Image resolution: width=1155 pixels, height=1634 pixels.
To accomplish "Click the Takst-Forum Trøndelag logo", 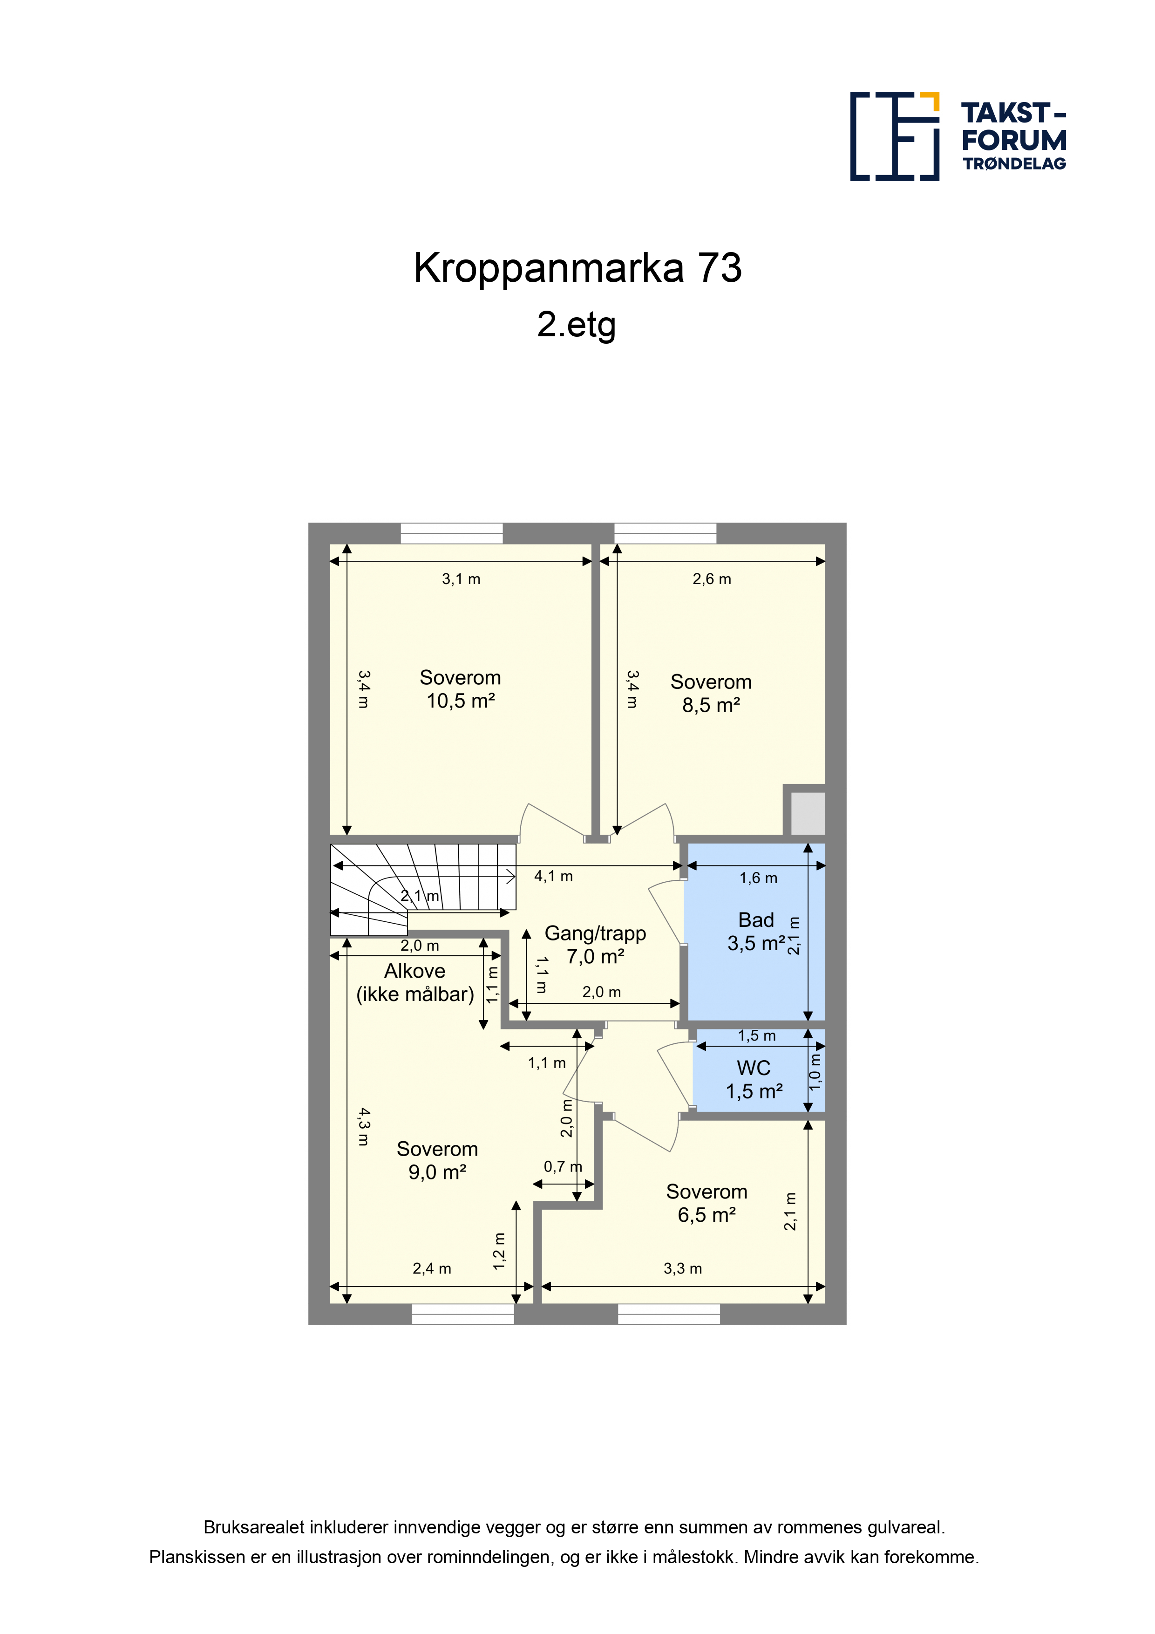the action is point(958,136).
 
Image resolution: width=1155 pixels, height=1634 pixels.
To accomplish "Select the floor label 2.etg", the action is point(577,325).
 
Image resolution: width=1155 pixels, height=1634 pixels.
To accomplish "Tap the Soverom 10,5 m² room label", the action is point(461,689).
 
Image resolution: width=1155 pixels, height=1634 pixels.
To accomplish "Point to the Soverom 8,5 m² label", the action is point(711,693).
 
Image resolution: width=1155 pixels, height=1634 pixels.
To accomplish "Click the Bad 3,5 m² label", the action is point(756,932).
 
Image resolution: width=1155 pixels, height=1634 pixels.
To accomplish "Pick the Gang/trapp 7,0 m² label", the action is point(596,944).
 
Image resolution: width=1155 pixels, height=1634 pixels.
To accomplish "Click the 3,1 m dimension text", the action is point(461,579).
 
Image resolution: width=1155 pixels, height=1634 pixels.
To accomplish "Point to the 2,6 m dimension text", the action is point(712,579).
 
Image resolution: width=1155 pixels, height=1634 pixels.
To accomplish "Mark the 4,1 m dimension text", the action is point(554,876).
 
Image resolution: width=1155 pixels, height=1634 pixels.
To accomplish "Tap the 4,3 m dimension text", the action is point(364,1127).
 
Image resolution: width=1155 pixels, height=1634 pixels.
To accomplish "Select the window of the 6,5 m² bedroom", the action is point(669,1314).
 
